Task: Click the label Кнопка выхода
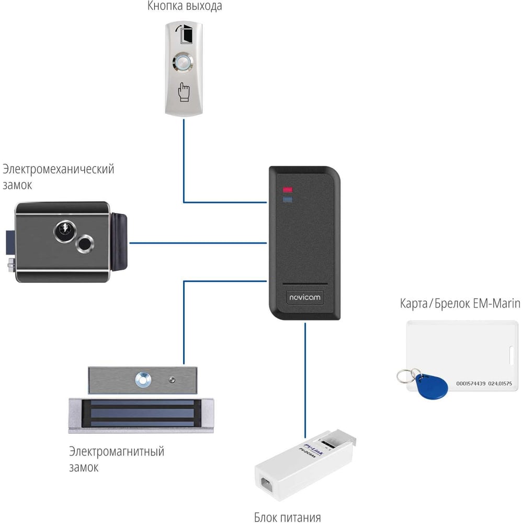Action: (x=185, y=7)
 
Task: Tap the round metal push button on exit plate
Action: (x=184, y=64)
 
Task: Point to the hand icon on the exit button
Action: (x=184, y=92)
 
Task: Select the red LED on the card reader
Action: (x=288, y=190)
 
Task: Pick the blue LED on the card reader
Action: (x=288, y=199)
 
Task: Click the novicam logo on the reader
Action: (x=305, y=298)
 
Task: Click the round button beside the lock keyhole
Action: (x=84, y=243)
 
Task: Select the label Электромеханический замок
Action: (x=58, y=177)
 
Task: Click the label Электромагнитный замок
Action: (x=116, y=459)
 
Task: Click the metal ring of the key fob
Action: (x=405, y=376)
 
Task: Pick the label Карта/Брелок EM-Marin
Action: (x=460, y=303)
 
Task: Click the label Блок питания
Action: (x=287, y=518)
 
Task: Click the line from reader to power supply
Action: (x=304, y=377)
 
